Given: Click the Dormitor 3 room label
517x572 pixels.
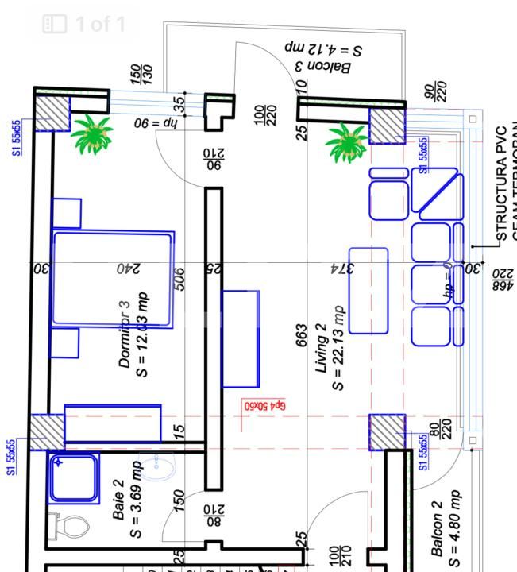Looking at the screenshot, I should coord(124,334).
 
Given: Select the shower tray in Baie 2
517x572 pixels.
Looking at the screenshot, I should coord(73,478).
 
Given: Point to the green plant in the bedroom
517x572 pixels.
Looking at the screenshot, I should coord(92,133).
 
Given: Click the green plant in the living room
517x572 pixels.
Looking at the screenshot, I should coord(346,141).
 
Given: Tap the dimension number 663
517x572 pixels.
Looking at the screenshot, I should coord(300,334).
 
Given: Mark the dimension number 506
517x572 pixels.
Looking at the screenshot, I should coord(179,279).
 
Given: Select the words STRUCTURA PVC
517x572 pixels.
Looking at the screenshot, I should coord(501,183).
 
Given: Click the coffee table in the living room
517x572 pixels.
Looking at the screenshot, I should coord(368,291).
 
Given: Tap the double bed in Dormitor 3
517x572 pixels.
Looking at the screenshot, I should coord(113,279).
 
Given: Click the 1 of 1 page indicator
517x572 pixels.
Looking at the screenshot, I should coord(85,24).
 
